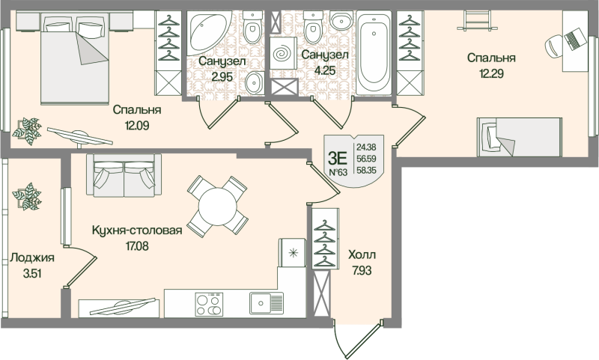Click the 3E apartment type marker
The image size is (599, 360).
click(x=338, y=157)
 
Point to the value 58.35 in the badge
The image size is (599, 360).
click(x=366, y=171)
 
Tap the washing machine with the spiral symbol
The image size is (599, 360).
click(x=284, y=56)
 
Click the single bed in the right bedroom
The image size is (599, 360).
click(x=517, y=136)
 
